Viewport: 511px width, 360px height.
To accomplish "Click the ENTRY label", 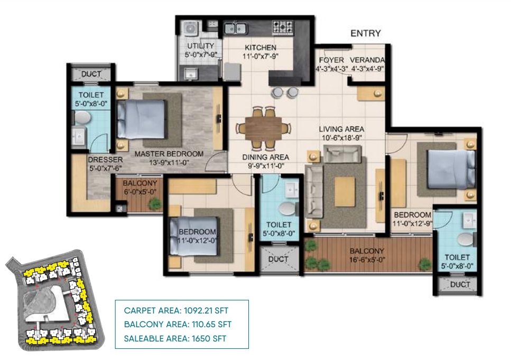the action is [x=365, y=33].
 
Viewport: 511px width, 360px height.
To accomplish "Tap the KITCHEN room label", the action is [x=261, y=48].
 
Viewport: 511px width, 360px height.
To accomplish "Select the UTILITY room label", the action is [x=200, y=46].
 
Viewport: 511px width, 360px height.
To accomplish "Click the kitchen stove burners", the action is [x=283, y=26].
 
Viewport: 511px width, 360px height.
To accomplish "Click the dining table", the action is [x=264, y=128].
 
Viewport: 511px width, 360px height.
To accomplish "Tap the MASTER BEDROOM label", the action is [x=169, y=154].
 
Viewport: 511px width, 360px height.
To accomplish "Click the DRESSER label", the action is [x=105, y=160].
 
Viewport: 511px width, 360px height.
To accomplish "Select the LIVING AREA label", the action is [x=341, y=129].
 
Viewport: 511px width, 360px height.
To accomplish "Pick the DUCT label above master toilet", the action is [x=91, y=74].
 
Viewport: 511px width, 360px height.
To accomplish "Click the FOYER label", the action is [x=331, y=60].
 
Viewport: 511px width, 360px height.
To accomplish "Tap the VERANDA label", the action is [x=367, y=60].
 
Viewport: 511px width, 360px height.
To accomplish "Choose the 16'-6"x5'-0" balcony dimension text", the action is [x=367, y=260].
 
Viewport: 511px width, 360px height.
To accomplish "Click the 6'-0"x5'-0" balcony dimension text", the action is [x=140, y=192].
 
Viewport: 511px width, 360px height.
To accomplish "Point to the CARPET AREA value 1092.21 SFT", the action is [x=206, y=310].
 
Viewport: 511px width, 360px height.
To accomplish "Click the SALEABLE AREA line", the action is [x=175, y=338].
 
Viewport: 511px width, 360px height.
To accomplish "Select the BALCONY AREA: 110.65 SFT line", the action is [x=178, y=325].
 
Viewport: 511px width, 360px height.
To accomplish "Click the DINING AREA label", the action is [x=266, y=157].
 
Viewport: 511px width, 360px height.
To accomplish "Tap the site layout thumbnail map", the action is [x=55, y=300].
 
